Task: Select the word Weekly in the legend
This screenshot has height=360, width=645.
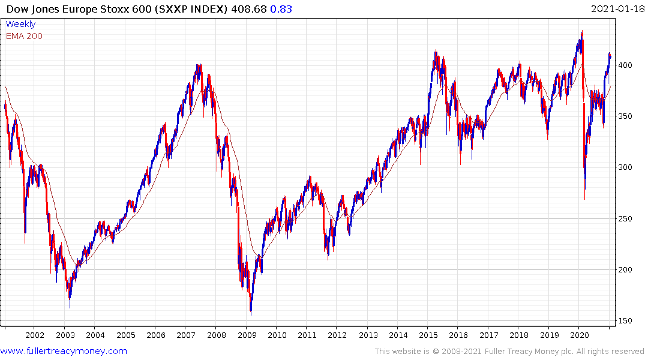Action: (x=20, y=25)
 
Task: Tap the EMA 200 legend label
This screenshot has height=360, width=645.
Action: (x=24, y=36)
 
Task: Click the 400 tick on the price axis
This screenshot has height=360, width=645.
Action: (x=626, y=65)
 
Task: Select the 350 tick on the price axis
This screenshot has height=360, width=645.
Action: (x=626, y=116)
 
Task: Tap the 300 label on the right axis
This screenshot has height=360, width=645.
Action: (x=626, y=167)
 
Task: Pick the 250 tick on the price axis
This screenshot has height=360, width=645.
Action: (x=626, y=218)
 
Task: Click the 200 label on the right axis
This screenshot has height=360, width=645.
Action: (x=626, y=269)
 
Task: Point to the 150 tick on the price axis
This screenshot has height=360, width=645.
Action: (x=626, y=321)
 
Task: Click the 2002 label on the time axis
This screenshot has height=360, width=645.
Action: (x=35, y=335)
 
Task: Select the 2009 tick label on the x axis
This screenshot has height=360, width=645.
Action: (x=246, y=335)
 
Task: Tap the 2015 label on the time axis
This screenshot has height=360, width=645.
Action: (x=428, y=335)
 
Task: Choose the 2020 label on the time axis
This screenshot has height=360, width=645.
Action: (x=580, y=335)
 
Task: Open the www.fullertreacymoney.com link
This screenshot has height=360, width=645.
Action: (x=64, y=351)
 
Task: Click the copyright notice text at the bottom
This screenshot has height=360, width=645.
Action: (x=509, y=351)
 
